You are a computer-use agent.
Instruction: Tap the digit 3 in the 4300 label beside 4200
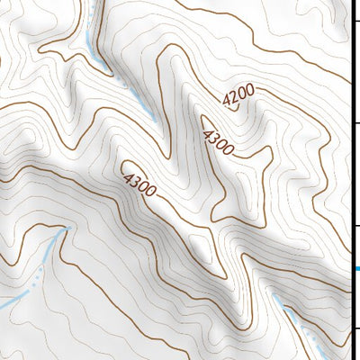click(x=214, y=139)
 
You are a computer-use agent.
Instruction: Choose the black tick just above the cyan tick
click(x=355, y=225)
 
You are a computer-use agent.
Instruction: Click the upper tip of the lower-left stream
click(x=65, y=229)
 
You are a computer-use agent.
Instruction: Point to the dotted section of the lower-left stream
click(x=40, y=274)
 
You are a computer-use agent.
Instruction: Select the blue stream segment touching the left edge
click(x=7, y=305)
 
